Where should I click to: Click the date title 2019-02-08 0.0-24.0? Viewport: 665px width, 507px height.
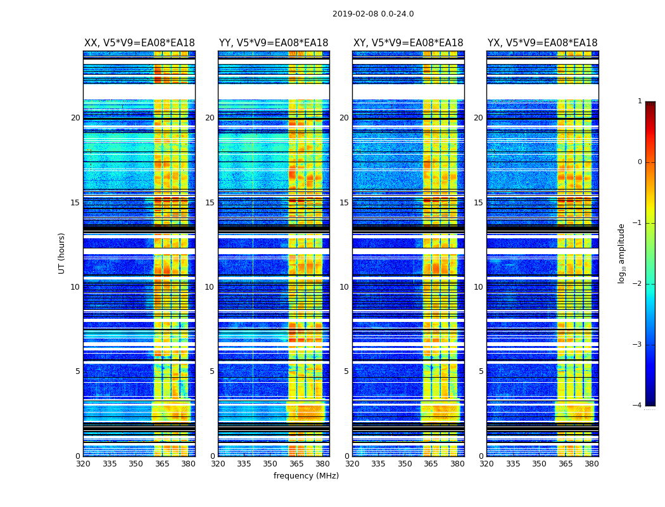click(373, 14)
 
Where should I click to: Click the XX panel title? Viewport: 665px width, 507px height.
click(139, 43)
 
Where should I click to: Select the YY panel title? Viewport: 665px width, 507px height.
click(274, 43)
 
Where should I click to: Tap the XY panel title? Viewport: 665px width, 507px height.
click(408, 43)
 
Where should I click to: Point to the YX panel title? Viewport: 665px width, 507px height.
click(542, 43)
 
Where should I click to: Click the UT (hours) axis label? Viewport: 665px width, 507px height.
click(61, 253)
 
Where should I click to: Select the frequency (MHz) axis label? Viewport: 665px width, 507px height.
click(306, 476)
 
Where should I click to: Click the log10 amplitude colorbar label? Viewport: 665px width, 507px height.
click(622, 253)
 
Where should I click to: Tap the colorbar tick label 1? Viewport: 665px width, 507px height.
click(640, 101)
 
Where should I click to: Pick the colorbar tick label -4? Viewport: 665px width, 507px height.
click(638, 406)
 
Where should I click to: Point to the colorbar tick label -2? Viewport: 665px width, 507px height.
click(638, 284)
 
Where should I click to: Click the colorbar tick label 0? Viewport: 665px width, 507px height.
click(640, 162)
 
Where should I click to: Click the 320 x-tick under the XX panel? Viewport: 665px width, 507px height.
click(83, 464)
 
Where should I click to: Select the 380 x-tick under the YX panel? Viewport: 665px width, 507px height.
click(592, 464)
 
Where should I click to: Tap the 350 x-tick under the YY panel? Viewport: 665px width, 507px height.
click(270, 464)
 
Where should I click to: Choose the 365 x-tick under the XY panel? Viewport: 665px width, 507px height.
click(431, 464)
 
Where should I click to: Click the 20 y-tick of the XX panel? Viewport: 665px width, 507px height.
click(75, 118)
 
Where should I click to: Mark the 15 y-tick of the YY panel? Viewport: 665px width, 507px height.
click(210, 203)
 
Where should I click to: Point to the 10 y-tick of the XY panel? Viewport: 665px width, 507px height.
click(344, 287)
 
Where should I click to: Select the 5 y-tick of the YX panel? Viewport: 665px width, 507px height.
click(481, 371)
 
